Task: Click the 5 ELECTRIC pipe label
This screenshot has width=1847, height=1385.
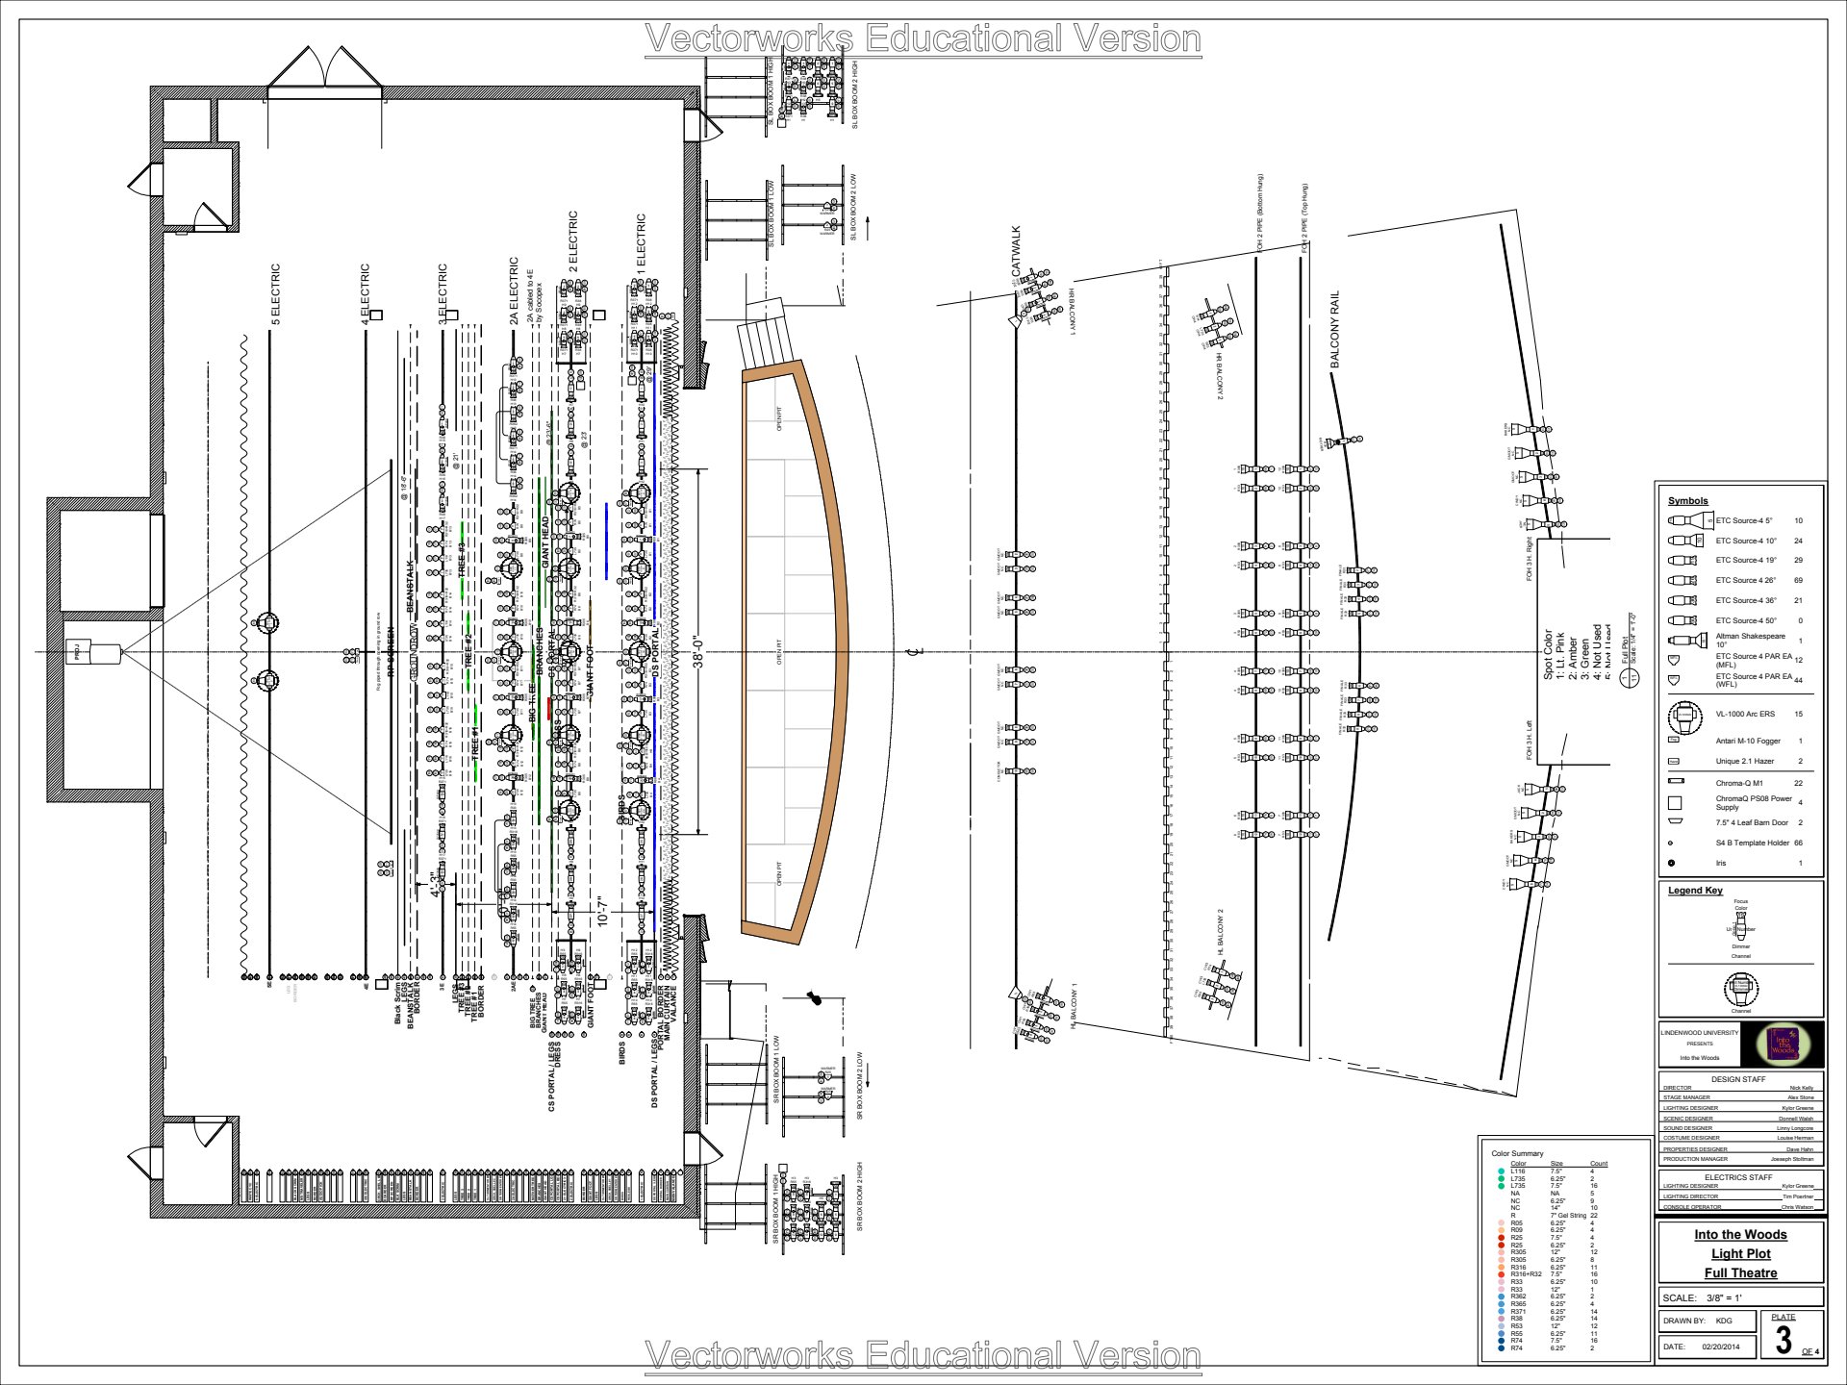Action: (x=276, y=294)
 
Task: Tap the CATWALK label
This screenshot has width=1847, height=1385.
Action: (x=1017, y=252)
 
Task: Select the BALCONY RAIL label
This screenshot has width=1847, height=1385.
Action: (x=1334, y=329)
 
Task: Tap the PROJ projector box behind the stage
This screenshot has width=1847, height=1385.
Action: (x=76, y=652)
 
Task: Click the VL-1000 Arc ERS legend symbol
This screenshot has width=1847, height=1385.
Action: (x=1684, y=715)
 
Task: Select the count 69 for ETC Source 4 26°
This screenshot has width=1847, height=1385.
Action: (x=1798, y=580)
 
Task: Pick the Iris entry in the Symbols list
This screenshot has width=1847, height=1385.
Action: (x=1721, y=863)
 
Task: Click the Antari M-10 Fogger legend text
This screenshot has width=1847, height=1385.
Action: (x=1747, y=741)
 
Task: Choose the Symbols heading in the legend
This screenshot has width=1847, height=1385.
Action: (x=1687, y=500)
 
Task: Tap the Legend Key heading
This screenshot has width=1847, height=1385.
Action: (x=1695, y=890)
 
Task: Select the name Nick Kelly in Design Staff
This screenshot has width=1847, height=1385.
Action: (x=1801, y=1088)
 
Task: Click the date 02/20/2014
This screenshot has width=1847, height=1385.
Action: (x=1720, y=1347)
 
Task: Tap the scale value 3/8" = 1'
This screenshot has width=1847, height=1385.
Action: (x=1724, y=1297)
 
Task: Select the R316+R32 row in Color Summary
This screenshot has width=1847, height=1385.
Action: (x=1526, y=1274)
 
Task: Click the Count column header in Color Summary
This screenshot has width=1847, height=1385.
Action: (x=1599, y=1164)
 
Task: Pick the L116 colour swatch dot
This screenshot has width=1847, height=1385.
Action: (x=1501, y=1171)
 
